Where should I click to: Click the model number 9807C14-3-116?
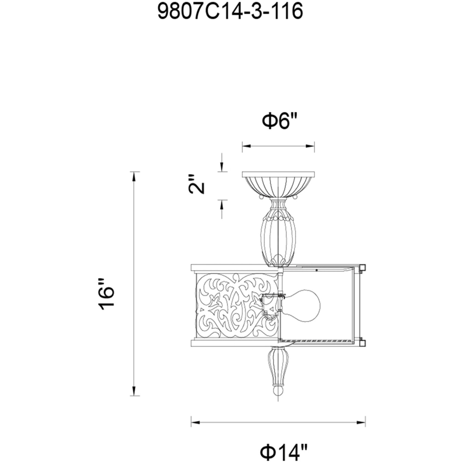pos(231,11)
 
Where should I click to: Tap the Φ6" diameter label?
pos(279,121)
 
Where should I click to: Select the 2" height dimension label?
pos(196,184)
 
